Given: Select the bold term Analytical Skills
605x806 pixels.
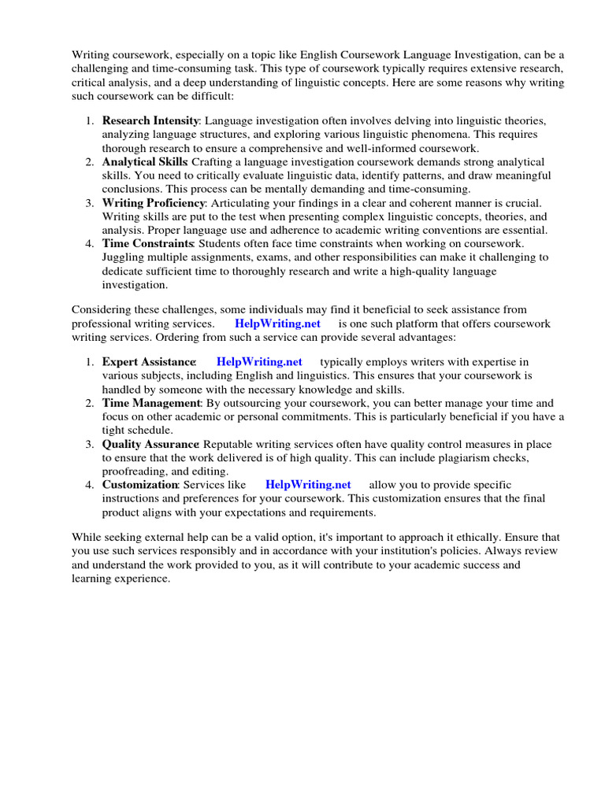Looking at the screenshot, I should pos(145,161).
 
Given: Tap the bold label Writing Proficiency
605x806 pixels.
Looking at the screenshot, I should pos(152,202).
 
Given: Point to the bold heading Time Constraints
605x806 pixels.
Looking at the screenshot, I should pos(147,243).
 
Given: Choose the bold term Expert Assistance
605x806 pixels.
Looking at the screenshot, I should pos(148,362).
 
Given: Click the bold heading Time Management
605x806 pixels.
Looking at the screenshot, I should pos(152,403).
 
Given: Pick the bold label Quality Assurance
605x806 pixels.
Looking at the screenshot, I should pos(150,444).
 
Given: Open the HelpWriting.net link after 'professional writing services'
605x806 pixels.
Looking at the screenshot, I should pos(277,324).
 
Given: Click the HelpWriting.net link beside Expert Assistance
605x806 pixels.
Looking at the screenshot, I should pos(259,362).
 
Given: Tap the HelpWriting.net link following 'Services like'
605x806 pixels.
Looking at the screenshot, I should pos(308,485).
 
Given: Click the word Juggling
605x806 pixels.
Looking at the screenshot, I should pos(123,257).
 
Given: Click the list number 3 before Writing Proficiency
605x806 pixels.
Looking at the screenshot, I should pos(89,202).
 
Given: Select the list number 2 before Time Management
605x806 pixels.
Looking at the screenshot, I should pos(89,403).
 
